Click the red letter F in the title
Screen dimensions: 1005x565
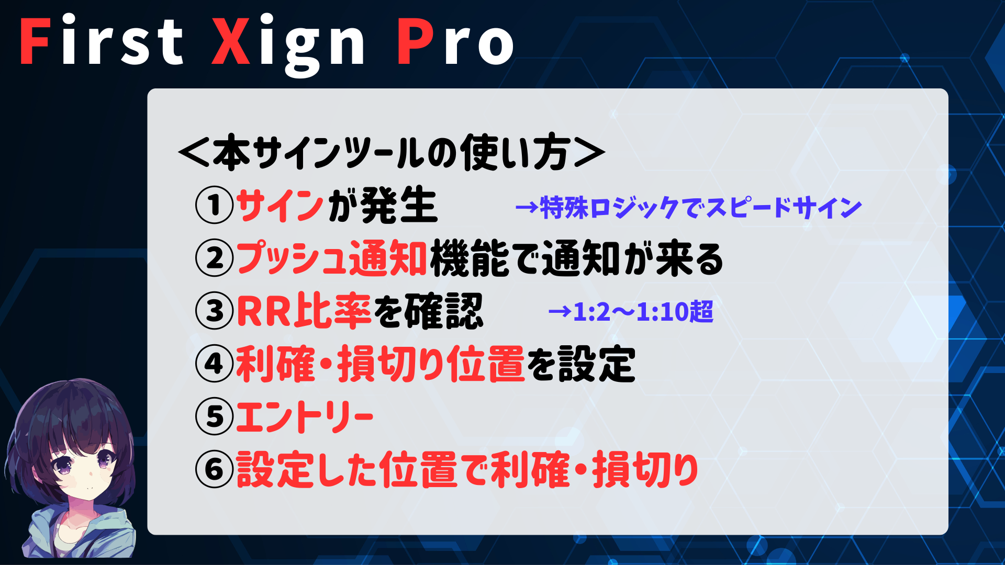(x=35, y=41)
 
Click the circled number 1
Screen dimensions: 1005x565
(x=214, y=205)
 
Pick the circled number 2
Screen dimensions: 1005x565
(x=214, y=258)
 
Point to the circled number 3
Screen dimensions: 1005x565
(x=214, y=311)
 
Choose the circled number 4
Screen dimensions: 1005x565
(x=214, y=364)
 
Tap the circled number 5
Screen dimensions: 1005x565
(x=214, y=416)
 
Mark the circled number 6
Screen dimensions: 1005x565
(x=214, y=469)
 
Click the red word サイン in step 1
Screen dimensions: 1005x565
(x=280, y=205)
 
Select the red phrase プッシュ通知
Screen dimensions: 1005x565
(x=332, y=258)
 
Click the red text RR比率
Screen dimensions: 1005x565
(x=304, y=311)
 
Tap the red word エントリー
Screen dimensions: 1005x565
(x=305, y=416)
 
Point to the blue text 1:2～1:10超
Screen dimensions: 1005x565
(x=643, y=312)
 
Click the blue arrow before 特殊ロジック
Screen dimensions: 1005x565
(x=527, y=208)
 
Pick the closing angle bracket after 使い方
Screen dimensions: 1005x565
(x=589, y=153)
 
